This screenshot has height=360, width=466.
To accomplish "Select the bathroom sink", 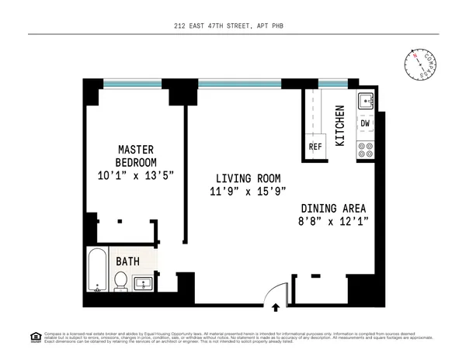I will pos(144,285).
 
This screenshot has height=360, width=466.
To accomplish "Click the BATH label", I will pos(128,261).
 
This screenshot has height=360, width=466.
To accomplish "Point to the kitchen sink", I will pos(365,101).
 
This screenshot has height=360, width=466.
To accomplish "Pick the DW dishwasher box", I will pos(366,123).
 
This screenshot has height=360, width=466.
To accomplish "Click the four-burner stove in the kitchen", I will pos(365,149).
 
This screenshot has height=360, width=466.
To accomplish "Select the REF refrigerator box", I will pos(315,146).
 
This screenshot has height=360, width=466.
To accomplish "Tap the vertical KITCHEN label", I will pos(339,126).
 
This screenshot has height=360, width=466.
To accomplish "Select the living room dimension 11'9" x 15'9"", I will pos(238,192).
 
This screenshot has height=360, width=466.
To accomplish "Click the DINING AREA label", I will pos(333,208).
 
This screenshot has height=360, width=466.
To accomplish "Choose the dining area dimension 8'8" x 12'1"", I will pos(333,221).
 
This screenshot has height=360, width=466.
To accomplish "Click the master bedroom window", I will pos(132,83).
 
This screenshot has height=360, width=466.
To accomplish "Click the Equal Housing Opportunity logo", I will pos(35,336).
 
